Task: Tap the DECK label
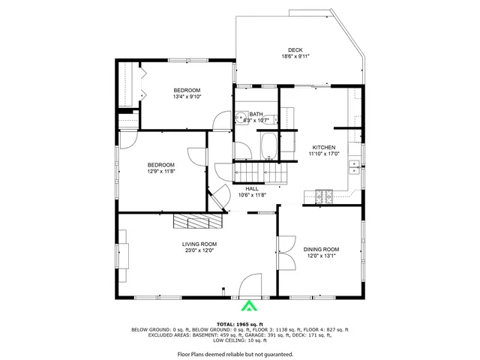295,50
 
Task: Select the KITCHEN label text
324,148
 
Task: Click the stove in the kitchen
324,197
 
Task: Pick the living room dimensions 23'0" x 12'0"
199,250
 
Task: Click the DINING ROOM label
321,249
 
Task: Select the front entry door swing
250,285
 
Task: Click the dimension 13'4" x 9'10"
187,96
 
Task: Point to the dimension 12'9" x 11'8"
160,171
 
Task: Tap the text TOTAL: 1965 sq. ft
239,323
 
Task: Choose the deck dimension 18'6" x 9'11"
295,56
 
